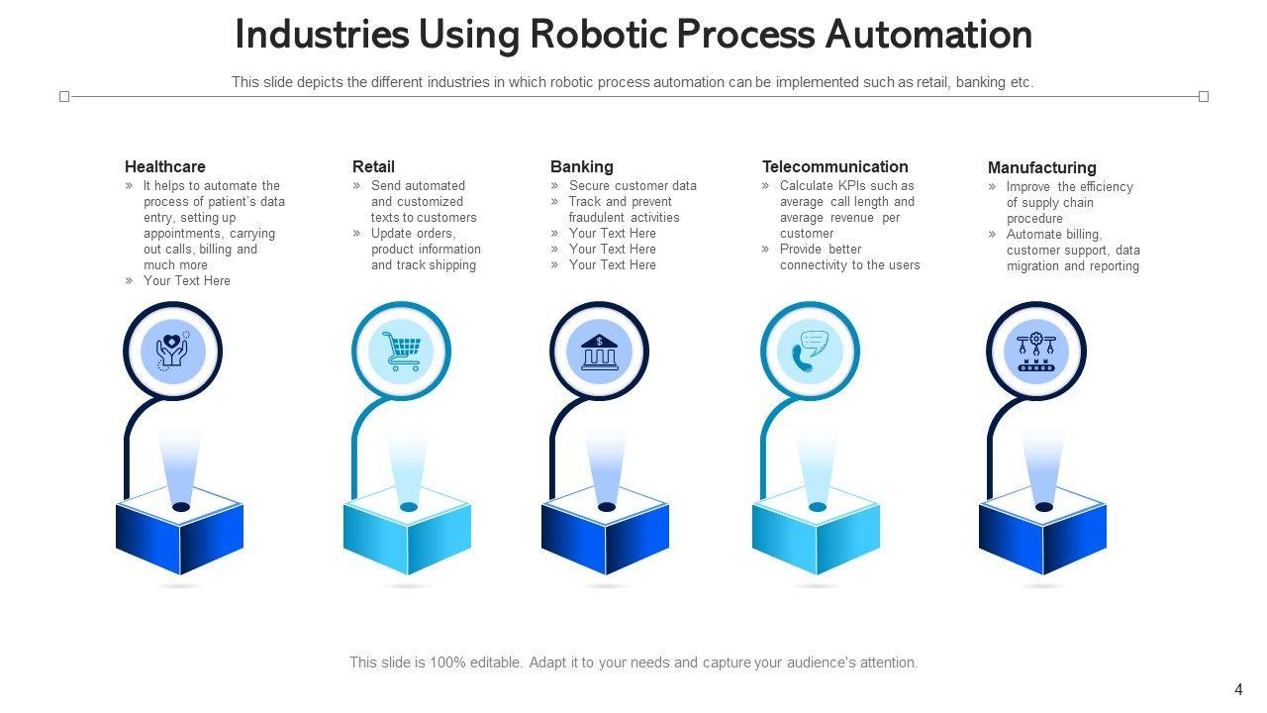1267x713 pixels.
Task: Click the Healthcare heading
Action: (165, 166)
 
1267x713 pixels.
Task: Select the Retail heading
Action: (373, 166)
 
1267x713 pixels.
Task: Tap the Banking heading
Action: (582, 166)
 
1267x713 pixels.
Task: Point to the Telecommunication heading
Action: (834, 166)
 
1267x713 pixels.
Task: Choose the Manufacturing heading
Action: (1041, 167)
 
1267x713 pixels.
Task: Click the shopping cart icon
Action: (401, 351)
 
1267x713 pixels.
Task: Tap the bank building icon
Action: (599, 352)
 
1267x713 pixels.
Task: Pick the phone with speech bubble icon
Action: (810, 352)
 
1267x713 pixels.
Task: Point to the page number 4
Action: (1238, 690)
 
